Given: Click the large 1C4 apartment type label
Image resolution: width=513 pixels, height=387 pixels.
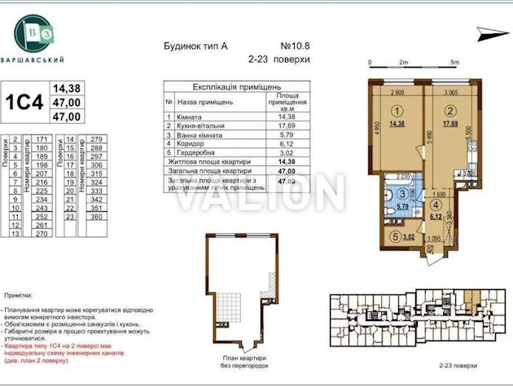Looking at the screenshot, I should [x=24, y=103].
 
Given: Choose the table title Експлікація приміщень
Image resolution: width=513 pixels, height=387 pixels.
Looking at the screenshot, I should [x=236, y=86].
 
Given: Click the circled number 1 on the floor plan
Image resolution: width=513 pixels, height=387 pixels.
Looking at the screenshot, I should [x=397, y=112].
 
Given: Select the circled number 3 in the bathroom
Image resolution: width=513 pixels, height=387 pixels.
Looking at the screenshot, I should [x=402, y=194].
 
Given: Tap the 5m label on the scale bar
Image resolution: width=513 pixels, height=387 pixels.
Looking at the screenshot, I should [x=454, y=63].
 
